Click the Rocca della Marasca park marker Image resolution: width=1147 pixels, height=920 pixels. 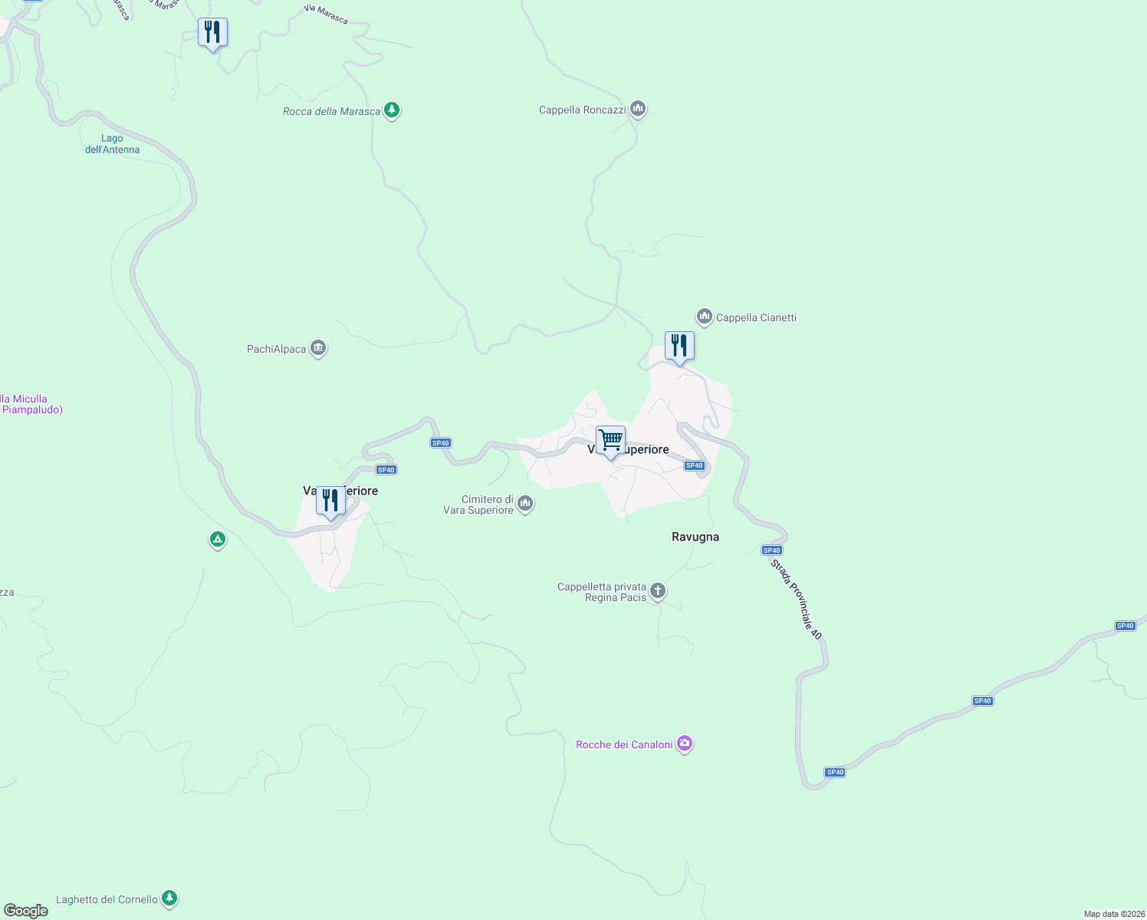point(392,110)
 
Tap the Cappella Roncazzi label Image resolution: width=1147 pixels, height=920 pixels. point(582,110)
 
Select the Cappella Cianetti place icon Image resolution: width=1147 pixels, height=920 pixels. point(704,316)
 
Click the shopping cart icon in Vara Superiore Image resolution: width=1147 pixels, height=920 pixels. point(610,441)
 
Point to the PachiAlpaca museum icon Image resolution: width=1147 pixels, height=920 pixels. point(318,348)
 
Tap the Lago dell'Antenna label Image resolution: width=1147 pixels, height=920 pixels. point(112,144)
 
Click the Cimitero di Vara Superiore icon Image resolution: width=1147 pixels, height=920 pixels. point(525,503)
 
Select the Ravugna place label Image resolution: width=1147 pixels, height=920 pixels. point(695,537)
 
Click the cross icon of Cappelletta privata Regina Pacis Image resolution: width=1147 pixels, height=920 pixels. point(657,590)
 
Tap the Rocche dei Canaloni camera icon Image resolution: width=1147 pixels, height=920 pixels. point(685,743)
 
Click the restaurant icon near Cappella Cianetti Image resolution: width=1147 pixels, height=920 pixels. point(679,347)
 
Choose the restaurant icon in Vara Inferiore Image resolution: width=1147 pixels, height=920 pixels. point(330,501)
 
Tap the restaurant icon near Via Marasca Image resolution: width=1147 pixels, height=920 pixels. point(212,33)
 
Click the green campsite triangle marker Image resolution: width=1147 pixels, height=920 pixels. point(218,540)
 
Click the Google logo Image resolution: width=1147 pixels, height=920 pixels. point(26,910)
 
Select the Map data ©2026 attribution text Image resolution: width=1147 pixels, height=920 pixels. point(1113,914)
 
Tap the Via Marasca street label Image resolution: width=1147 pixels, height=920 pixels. point(326,15)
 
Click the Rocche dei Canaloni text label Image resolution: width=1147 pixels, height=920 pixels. point(624,744)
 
